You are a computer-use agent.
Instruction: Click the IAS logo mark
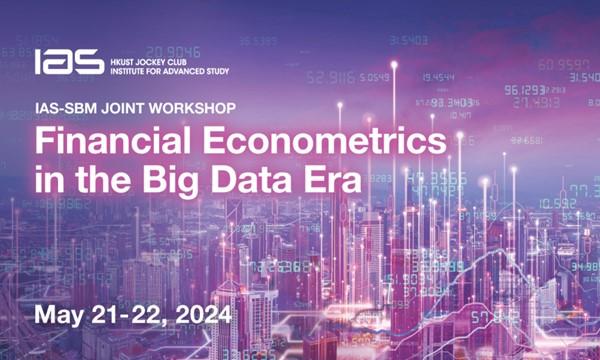[x=69, y=61]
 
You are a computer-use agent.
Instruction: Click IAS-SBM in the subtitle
[x=67, y=106]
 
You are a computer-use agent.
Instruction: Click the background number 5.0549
[x=374, y=77]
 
